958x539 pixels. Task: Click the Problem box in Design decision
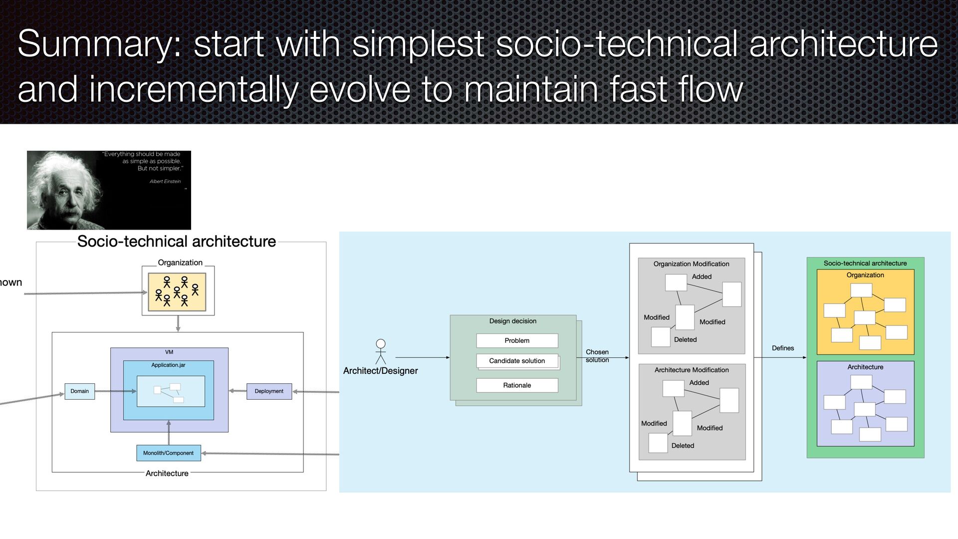click(517, 340)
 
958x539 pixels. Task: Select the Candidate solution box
click(517, 361)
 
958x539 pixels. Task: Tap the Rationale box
click(517, 385)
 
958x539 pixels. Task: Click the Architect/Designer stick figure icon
click(381, 351)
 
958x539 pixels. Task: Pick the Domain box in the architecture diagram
click(80, 391)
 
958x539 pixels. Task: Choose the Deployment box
click(269, 391)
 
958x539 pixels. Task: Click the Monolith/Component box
click(169, 453)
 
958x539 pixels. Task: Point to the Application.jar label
click(169, 365)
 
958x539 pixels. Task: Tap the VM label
click(169, 352)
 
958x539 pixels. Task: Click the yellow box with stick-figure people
click(177, 292)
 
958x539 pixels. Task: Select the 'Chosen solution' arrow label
click(597, 356)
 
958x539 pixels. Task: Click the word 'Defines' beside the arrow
click(783, 348)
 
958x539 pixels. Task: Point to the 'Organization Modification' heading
click(692, 264)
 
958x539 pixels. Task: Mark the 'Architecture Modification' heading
click(692, 370)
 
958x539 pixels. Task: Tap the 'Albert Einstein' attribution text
click(165, 182)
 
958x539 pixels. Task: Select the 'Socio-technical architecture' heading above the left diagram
click(177, 242)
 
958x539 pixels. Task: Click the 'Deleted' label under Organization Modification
click(686, 340)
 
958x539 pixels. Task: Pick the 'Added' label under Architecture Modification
click(699, 383)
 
